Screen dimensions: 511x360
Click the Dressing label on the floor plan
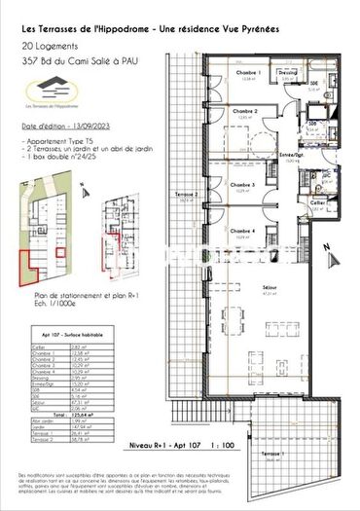pyautogui.click(x=288, y=72)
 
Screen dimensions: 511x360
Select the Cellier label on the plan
pyautogui.click(x=317, y=202)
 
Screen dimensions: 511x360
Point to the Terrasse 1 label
pyautogui.click(x=304, y=456)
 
